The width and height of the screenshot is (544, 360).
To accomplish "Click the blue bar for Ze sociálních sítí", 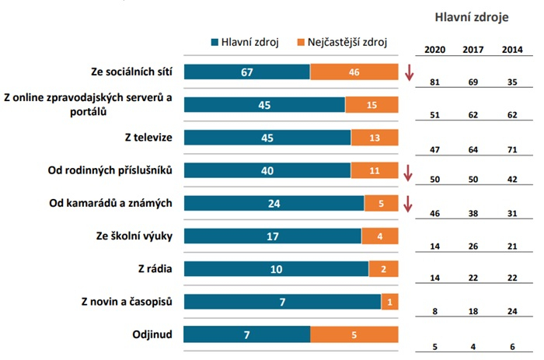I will pyautogui.click(x=246, y=72).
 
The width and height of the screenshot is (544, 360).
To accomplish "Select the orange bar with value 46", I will pyautogui.click(x=354, y=72).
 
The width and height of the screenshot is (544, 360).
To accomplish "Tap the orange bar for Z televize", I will pyautogui.click(x=374, y=138).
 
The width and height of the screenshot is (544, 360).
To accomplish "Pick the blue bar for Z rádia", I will pyautogui.click(x=276, y=269).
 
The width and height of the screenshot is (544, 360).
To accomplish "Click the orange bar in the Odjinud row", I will pyautogui.click(x=354, y=335).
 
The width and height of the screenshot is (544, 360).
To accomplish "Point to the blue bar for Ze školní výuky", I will pyautogui.click(x=272, y=236).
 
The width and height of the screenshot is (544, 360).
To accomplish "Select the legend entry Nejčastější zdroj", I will pyautogui.click(x=343, y=42).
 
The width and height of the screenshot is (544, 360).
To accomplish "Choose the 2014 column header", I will pyautogui.click(x=511, y=51).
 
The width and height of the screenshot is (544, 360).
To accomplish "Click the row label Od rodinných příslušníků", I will pyautogui.click(x=114, y=170).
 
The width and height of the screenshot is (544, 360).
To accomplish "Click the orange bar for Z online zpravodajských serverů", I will pyautogui.click(x=371, y=105).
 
